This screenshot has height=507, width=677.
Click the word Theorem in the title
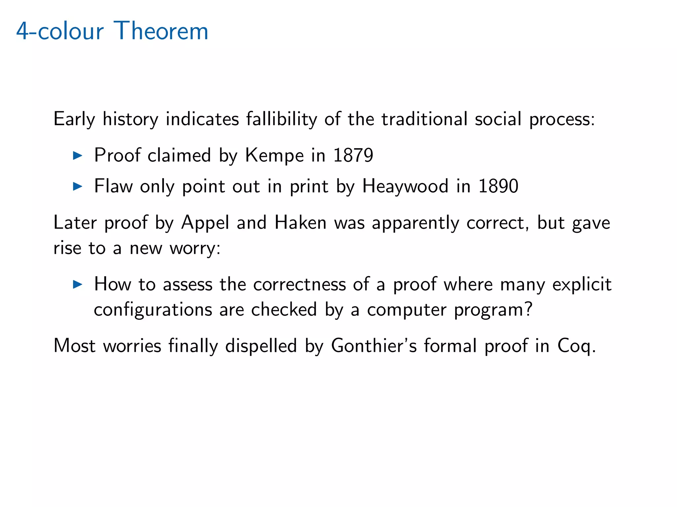pos(161,31)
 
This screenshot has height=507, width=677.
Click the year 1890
pos(498,186)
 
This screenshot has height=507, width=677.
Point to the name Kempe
pos(274,155)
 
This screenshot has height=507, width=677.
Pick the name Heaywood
pos(405,186)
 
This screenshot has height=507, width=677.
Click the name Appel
pos(205,223)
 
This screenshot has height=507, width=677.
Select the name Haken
pos(300,222)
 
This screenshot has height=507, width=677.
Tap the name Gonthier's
pos(374,346)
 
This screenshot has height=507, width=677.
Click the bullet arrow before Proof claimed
pos(77,155)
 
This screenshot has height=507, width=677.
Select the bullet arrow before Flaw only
pos(77,186)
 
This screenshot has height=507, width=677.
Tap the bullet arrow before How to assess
pos(77,284)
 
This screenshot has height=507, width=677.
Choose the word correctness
pos(299,284)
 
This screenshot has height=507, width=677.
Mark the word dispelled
pos(261,346)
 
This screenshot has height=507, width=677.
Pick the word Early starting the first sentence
pos(74,119)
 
